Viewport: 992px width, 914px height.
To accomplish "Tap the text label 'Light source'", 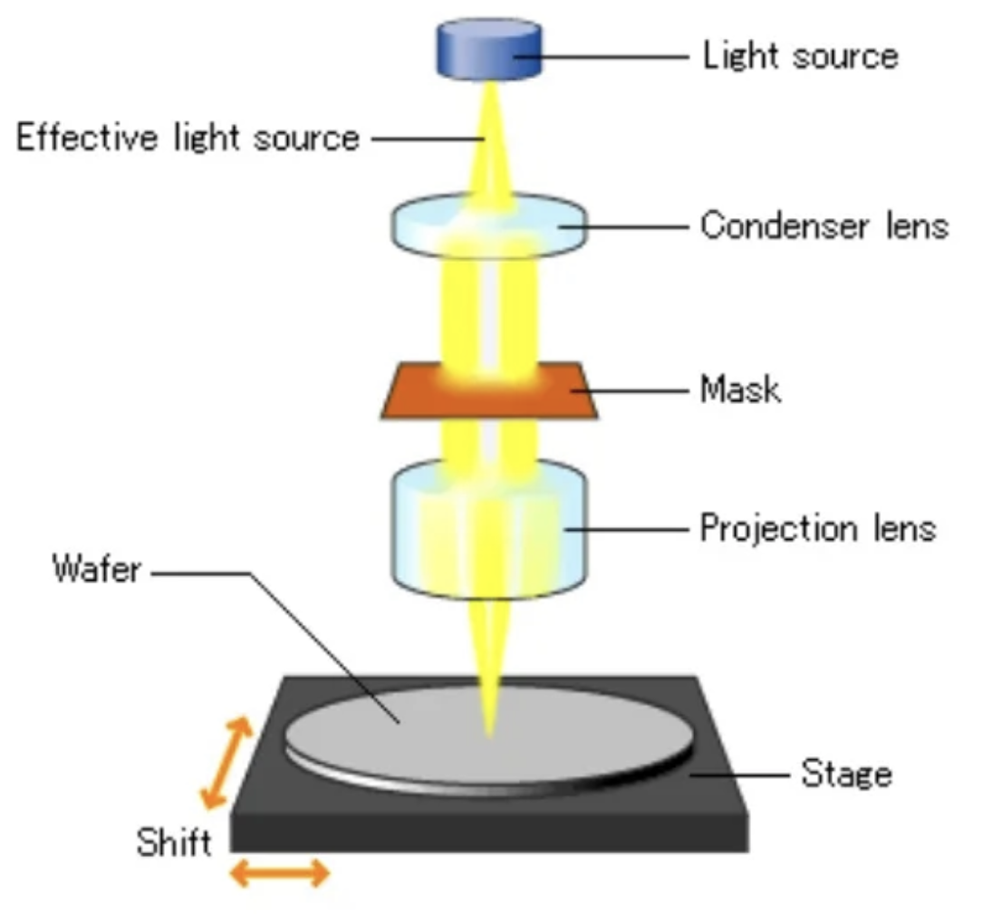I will [x=800, y=56].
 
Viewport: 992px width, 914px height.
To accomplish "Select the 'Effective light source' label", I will [x=188, y=139].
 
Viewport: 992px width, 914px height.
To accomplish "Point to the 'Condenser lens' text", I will [x=823, y=225].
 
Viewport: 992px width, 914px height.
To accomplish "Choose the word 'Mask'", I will [x=740, y=390].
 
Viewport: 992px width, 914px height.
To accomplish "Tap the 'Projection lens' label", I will [x=817, y=527].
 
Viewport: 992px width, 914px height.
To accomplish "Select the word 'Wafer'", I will [x=97, y=571].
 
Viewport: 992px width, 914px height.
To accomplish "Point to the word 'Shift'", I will [x=173, y=842].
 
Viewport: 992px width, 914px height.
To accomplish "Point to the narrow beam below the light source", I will [x=489, y=136].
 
